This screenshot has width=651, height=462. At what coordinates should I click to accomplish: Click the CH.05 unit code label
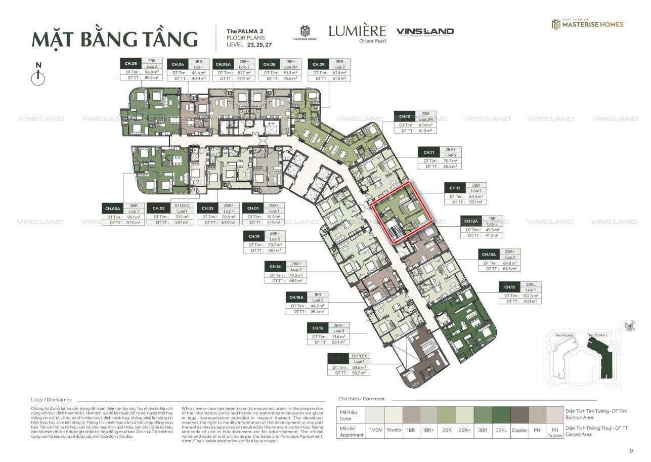pyautogui.click(x=131, y=64)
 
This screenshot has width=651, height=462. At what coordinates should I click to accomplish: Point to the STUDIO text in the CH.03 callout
pyautogui.click(x=182, y=205)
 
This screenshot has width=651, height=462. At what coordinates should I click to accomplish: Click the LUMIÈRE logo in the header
pyautogui.click(x=357, y=31)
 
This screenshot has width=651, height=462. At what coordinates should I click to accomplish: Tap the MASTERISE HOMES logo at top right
pyautogui.click(x=587, y=24)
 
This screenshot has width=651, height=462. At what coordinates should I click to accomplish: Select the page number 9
pyautogui.click(x=631, y=451)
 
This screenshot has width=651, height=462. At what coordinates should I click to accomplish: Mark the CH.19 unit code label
pyautogui.click(x=253, y=236)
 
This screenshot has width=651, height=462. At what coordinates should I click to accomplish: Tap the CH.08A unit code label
pyautogui.click(x=223, y=64)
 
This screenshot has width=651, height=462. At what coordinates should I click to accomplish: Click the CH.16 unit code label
pyautogui.click(x=318, y=328)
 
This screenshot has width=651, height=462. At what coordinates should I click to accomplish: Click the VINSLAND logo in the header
pyautogui.click(x=425, y=31)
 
